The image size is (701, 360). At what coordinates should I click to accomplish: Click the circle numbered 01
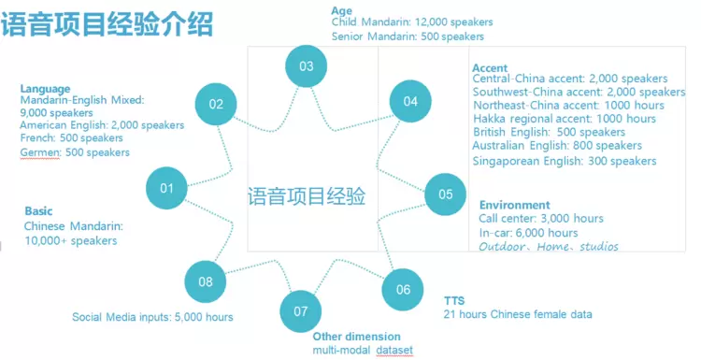[x=166, y=188]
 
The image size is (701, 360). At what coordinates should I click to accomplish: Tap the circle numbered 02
[x=216, y=104]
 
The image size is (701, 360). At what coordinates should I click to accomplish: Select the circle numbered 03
[x=307, y=66]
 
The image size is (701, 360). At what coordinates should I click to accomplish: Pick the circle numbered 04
[x=410, y=102]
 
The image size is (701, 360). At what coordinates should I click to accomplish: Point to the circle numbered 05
[x=445, y=194]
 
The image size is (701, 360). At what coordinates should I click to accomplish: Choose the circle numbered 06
[x=403, y=289]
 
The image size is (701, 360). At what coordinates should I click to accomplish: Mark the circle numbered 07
[x=301, y=311]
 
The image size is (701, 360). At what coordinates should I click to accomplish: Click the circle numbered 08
[x=206, y=281]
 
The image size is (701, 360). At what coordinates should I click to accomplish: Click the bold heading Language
[x=45, y=90]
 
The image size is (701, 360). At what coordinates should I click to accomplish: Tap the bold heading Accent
[x=490, y=68]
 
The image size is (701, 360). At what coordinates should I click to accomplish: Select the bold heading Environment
[x=515, y=205]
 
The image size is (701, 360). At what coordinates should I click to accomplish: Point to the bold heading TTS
[x=454, y=300]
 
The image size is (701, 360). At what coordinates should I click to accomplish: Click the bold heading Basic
[x=38, y=211]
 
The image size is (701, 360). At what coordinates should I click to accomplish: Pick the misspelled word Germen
[x=40, y=152]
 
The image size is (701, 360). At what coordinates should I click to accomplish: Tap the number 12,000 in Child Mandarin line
[x=431, y=22]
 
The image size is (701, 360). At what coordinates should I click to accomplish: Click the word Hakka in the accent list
[x=490, y=119]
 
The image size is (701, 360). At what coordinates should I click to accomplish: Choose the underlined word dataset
[x=394, y=350]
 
